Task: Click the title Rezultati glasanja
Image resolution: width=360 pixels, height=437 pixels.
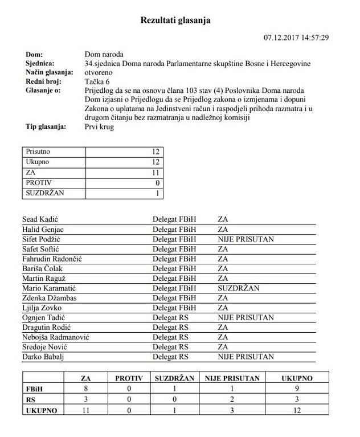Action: (x=175, y=21)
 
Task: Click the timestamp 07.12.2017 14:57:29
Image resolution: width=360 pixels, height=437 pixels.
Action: (x=296, y=38)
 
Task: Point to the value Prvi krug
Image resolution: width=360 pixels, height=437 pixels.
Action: (x=99, y=126)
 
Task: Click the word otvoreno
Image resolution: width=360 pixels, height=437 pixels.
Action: (x=99, y=73)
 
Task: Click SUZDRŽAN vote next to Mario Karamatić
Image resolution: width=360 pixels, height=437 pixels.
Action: (x=238, y=288)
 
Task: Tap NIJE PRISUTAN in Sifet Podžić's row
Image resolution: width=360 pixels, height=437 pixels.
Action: (x=246, y=239)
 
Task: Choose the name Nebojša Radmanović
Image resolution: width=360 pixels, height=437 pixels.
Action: (x=55, y=337)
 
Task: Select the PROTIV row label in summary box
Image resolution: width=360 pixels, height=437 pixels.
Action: (x=39, y=183)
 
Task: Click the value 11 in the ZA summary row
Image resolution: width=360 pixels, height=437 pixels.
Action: (x=156, y=173)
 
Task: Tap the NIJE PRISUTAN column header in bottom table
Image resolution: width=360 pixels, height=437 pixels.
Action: (x=232, y=378)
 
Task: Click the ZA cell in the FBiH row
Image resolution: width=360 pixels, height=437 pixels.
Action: (x=86, y=388)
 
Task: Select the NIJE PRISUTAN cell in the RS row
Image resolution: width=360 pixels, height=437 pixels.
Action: (x=232, y=399)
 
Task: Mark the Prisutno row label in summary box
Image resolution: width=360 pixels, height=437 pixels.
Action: (x=39, y=152)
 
